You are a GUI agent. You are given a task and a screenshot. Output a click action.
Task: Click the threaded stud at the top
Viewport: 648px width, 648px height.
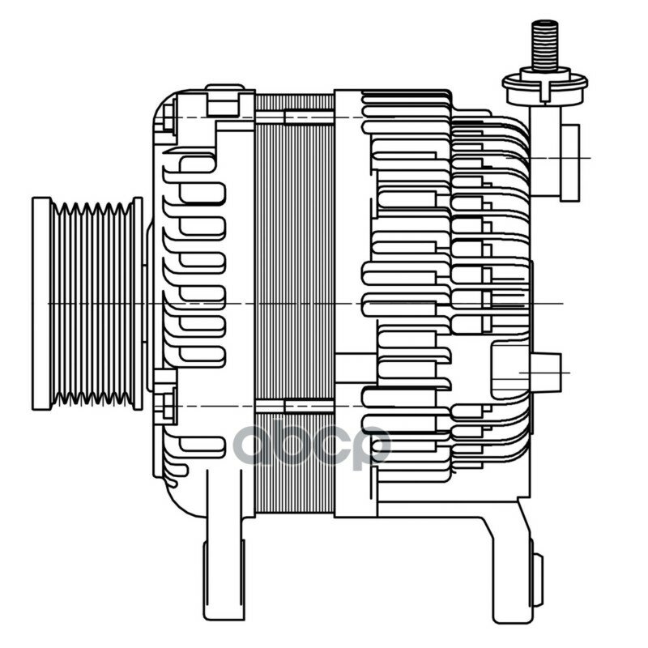tap(544, 45)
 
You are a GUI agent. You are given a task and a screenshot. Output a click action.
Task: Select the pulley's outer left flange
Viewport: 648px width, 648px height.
tap(41, 304)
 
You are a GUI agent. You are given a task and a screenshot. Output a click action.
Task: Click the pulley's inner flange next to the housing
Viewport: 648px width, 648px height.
tap(138, 304)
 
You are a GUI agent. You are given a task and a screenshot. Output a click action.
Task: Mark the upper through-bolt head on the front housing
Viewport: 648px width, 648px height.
tap(168, 117)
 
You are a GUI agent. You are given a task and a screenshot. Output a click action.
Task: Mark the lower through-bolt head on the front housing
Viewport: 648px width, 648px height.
tap(168, 407)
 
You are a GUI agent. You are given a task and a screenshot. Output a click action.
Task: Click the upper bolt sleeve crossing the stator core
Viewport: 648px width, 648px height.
tap(309, 117)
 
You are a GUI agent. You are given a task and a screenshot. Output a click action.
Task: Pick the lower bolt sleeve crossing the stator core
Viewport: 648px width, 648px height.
tap(309, 407)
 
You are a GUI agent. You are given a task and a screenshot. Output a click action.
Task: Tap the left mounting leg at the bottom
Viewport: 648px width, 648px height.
tap(224, 574)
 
